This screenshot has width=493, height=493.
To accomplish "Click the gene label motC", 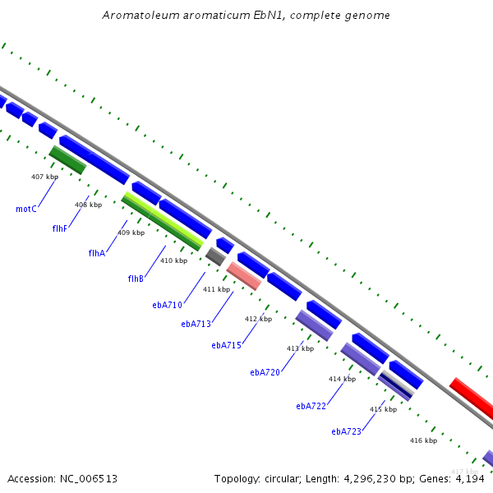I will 26,209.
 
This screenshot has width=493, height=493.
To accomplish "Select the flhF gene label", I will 59,228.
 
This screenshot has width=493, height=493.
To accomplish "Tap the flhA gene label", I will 97,253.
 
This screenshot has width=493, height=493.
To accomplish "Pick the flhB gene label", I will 136,279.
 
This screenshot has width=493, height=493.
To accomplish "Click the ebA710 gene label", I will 167,305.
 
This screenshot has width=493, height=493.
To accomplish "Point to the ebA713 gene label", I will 196,324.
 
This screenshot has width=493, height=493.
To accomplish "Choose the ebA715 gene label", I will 226,345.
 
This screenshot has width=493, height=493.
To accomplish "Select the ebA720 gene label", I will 265,372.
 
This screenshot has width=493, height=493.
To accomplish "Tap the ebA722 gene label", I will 311,406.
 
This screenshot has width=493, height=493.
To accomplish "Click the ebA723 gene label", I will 347,431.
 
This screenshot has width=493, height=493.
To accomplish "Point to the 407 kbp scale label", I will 44,177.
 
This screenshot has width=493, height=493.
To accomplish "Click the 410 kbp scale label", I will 173,260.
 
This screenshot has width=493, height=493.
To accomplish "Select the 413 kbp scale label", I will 300,348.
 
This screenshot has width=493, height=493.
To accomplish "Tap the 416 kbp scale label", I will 423,440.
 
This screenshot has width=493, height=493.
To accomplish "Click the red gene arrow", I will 472,396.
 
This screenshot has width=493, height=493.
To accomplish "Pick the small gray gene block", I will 215,256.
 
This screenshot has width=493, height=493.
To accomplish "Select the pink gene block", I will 244,276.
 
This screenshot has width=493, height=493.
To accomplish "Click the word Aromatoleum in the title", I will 137,16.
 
